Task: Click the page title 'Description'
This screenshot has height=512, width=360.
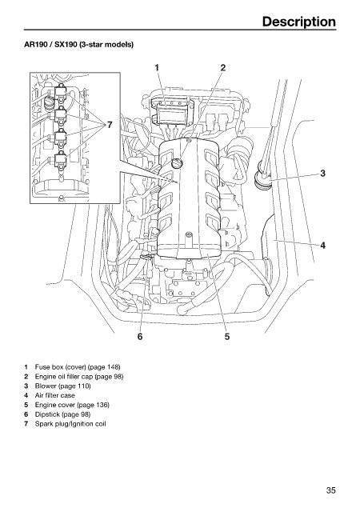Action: [x=298, y=22]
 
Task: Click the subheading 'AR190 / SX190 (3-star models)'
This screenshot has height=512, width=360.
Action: [x=78, y=44]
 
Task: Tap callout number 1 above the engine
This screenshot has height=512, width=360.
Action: [x=157, y=67]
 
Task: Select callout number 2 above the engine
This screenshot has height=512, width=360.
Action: [x=222, y=67]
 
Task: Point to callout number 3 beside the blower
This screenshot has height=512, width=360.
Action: [x=322, y=173]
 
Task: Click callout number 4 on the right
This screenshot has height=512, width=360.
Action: [x=322, y=245]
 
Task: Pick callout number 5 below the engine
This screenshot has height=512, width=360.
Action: [x=227, y=336]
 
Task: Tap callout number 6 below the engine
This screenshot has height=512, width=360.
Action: [x=140, y=336]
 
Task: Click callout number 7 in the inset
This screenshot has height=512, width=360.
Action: [x=110, y=125]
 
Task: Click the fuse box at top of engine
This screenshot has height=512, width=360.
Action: [x=172, y=112]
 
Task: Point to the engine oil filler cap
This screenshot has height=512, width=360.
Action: [x=177, y=162]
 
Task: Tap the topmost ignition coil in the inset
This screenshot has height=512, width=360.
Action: [x=61, y=93]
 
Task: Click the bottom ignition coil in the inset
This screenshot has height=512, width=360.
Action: [x=61, y=161]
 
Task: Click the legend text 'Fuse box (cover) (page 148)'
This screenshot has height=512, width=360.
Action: [x=78, y=367]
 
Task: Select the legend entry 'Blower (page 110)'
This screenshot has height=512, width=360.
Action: [x=62, y=386]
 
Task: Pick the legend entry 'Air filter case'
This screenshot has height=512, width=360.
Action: [x=55, y=395]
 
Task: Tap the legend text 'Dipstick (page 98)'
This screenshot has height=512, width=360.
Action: [x=62, y=414]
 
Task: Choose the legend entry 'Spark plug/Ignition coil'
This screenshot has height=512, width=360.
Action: [x=70, y=424]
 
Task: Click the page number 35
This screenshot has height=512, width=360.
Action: [x=330, y=490]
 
